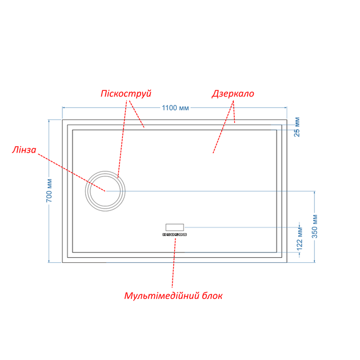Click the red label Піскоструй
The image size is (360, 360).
126,94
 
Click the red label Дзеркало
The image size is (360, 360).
233,94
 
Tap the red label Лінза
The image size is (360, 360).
24,150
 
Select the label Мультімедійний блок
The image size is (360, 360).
173,296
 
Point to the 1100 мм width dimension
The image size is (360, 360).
175,107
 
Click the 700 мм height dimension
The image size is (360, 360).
49,190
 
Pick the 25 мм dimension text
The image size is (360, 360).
297,127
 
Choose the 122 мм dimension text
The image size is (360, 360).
299,238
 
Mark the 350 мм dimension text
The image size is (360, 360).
315,226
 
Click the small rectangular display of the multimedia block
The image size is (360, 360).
175,227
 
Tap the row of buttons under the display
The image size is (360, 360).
175,235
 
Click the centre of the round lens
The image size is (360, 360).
105,191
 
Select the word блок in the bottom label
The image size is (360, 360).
212,296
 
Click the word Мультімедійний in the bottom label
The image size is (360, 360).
162,296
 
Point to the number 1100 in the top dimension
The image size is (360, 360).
170,107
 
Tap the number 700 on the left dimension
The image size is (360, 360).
49,196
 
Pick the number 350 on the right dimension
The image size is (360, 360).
315,232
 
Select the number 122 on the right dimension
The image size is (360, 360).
299,245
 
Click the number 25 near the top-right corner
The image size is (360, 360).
297,133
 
